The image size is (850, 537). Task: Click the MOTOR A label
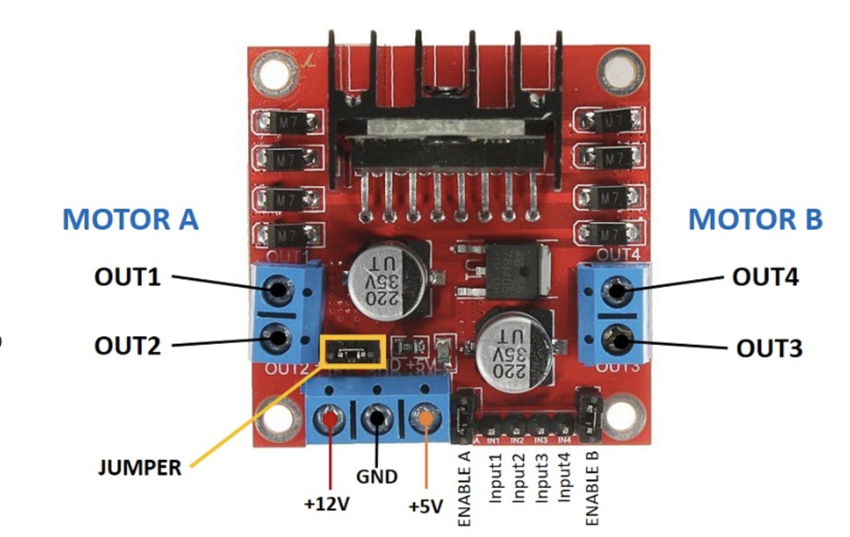[x=130, y=219]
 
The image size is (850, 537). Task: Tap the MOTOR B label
[x=755, y=219]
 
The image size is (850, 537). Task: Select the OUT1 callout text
[x=127, y=277]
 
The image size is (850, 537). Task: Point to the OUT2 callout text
[x=127, y=346]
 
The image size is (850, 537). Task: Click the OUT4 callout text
[x=765, y=277]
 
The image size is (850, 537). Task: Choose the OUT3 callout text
[x=769, y=348]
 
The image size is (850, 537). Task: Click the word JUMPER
[x=140, y=468]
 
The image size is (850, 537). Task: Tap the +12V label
[x=327, y=504]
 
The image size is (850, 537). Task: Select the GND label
[x=377, y=476]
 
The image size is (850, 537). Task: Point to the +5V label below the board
[x=426, y=506]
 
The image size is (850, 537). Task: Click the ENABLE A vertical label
[x=464, y=488]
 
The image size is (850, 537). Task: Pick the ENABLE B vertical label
[x=592, y=488]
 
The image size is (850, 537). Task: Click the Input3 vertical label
[x=542, y=477]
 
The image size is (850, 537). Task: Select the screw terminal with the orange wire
[x=425, y=417]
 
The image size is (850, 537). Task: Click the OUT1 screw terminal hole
[x=279, y=289]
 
